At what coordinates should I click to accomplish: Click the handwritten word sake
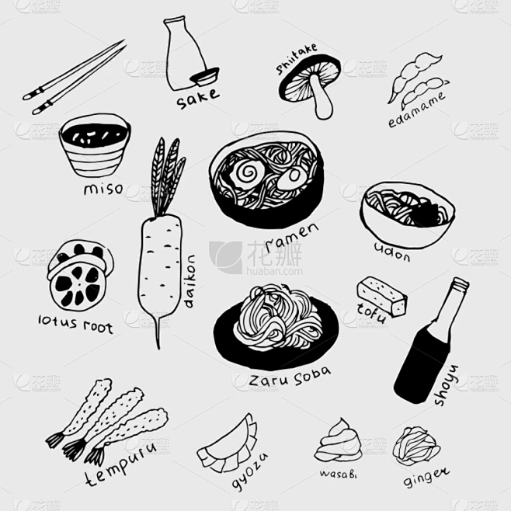pos(197,98)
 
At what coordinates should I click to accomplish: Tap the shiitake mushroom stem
pos(322,98)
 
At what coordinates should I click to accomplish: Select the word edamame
pos(416,109)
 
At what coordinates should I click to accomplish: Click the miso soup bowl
pos(95,145)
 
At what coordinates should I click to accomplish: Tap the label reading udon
pos(392,252)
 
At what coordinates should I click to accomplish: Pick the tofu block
pos(382,296)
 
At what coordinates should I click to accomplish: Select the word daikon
pos(190,281)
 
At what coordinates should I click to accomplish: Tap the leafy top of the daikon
pos(167,176)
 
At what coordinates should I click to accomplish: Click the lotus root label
pos(75,324)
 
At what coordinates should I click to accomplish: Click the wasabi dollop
pos(338,441)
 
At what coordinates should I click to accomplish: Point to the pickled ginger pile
pos(415,445)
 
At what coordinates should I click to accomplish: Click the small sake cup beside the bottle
pos(205,77)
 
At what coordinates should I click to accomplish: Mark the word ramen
pos(292,237)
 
